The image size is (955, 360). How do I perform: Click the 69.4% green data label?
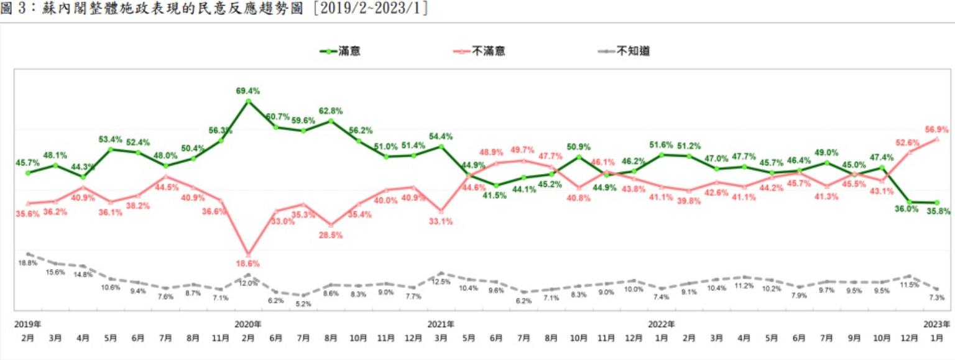click(248, 91)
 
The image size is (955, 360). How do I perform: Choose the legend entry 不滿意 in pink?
click(488, 52)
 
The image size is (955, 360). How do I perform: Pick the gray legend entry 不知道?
click(634, 52)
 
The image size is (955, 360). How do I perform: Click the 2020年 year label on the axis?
click(248, 325)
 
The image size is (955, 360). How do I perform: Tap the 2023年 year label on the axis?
click(938, 325)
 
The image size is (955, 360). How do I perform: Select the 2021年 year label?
click(441, 325)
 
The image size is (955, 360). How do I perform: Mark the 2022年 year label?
click(662, 325)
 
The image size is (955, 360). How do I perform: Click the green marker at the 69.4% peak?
click(248, 101)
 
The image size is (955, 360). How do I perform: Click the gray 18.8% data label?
click(27, 263)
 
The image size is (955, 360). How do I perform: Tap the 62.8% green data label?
click(330, 111)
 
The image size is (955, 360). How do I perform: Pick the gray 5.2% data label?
click(303, 304)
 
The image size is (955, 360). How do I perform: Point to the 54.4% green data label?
click(440, 136)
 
